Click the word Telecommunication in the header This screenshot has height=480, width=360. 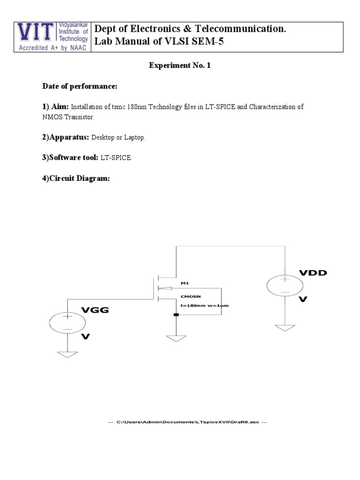pyautogui.click(x=236, y=29)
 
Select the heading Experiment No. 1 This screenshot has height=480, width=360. pyautogui.click(x=180, y=66)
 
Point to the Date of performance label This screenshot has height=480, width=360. pyautogui.click(x=80, y=86)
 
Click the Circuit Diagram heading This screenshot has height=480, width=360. pyautogui.click(x=76, y=179)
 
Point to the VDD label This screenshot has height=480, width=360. pyautogui.click(x=314, y=273)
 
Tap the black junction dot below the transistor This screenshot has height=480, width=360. pyautogui.click(x=176, y=315)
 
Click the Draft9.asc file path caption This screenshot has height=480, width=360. pyautogui.click(x=187, y=422)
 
